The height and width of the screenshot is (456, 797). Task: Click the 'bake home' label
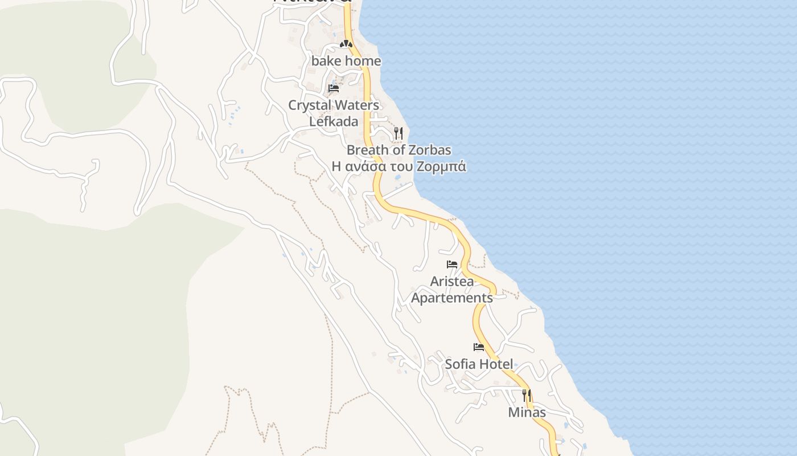pyautogui.click(x=346, y=61)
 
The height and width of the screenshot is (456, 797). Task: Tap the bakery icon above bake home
pyautogui.click(x=346, y=44)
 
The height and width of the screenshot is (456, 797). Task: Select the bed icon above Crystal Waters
pyautogui.click(x=334, y=88)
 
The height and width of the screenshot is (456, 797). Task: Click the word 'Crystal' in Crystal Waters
pyautogui.click(x=310, y=105)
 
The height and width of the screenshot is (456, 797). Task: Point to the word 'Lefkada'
pyautogui.click(x=334, y=121)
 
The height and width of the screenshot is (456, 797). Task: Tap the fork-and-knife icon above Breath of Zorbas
pyautogui.click(x=398, y=133)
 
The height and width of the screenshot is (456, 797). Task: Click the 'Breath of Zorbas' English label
pyautogui.click(x=398, y=150)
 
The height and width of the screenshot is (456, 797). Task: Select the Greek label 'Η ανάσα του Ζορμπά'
pyautogui.click(x=398, y=167)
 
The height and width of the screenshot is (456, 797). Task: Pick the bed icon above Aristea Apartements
pyautogui.click(x=452, y=264)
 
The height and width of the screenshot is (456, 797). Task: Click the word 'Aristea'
pyautogui.click(x=452, y=282)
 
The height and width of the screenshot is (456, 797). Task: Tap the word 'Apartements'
pyautogui.click(x=452, y=298)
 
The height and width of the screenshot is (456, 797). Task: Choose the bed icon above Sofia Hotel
pyautogui.click(x=479, y=347)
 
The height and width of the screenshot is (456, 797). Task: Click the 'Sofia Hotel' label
pyautogui.click(x=479, y=364)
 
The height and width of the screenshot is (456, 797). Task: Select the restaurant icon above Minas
pyautogui.click(x=527, y=395)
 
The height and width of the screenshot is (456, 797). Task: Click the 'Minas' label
pyautogui.click(x=527, y=413)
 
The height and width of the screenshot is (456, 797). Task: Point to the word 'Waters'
pyautogui.click(x=358, y=105)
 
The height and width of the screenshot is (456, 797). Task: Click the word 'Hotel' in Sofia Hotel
pyautogui.click(x=495, y=364)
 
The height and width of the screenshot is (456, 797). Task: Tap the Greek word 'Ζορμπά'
pyautogui.click(x=441, y=167)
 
